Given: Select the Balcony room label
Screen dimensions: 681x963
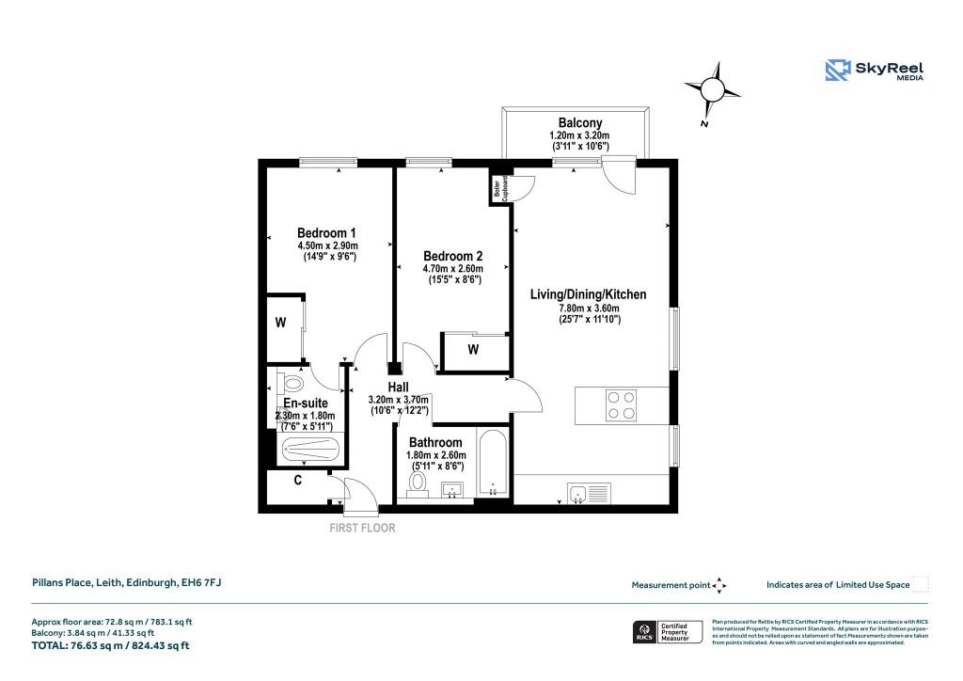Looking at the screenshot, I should coord(579,123).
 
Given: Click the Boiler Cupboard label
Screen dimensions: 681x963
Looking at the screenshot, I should coord(496,188).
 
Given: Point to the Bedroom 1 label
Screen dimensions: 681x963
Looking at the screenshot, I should coord(326,233).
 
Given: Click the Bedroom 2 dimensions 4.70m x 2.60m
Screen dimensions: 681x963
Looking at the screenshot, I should coord(452,268).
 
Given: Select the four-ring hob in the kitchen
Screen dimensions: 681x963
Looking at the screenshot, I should coord(620,404).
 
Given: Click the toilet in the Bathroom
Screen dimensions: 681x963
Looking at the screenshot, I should coord(418,483).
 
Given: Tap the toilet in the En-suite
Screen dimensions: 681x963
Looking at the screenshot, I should coord(290,384).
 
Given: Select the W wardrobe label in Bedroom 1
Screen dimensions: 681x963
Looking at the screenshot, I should coord(280,323).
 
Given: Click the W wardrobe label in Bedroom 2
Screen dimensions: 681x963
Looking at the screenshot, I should coord(473,350).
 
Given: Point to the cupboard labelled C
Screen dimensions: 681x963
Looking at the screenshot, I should coord(297,481).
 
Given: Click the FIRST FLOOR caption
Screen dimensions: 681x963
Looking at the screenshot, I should coord(362,528).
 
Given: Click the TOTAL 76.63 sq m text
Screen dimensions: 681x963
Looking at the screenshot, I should coord(110,645).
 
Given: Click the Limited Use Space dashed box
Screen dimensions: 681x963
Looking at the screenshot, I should coord(921,584).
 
